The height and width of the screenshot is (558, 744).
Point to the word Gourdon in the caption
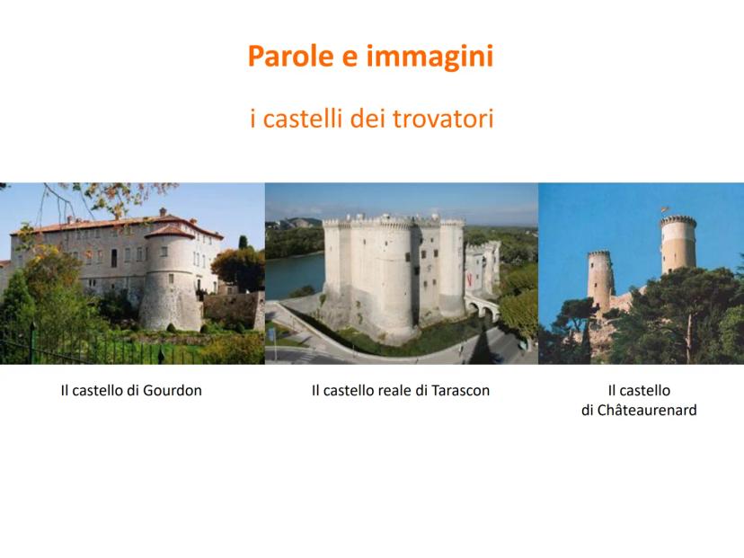173,391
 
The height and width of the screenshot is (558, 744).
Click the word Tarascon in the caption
460,391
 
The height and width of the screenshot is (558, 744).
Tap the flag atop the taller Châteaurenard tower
665,209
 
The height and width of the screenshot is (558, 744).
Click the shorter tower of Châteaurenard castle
600,280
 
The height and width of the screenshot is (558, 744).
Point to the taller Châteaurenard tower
678,244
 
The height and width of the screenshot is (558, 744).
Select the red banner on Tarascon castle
469,279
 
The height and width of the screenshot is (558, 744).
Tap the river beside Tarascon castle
294,275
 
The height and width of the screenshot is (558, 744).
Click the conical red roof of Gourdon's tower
170,232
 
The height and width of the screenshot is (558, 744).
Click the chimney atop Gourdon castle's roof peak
163,212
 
